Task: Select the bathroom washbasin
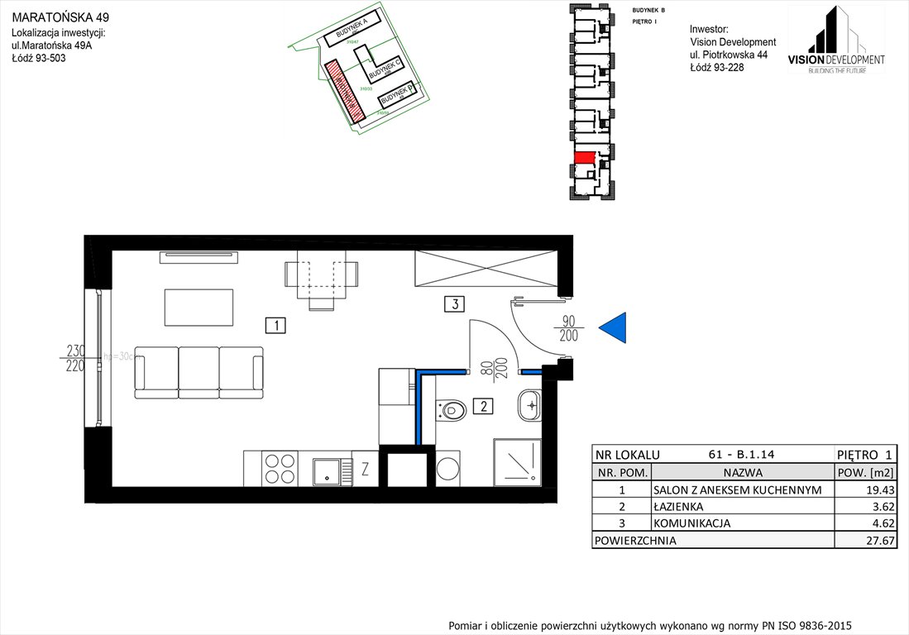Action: point(529,405)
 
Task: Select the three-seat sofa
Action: point(199,373)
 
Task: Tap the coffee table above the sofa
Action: point(199,307)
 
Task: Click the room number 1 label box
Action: point(275,325)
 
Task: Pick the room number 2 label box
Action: point(482,406)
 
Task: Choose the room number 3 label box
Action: point(452,303)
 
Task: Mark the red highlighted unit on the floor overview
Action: point(584,157)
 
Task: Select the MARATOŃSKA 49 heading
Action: point(60,17)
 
